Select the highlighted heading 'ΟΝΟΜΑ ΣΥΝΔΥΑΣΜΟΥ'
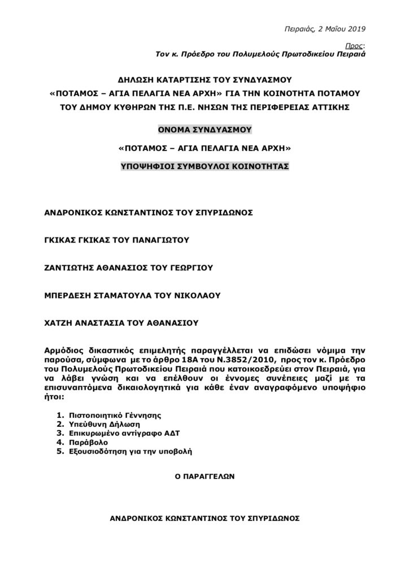204,129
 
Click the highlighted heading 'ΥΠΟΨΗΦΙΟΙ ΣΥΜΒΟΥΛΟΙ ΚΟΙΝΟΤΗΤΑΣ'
204,167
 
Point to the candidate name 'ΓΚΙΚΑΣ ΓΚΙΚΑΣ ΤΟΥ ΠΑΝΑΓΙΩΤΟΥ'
116,239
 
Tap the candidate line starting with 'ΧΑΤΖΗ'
121,323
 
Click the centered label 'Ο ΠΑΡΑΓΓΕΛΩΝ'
204,477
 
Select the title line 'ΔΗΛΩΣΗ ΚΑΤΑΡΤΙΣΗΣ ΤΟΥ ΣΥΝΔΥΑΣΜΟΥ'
204,79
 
